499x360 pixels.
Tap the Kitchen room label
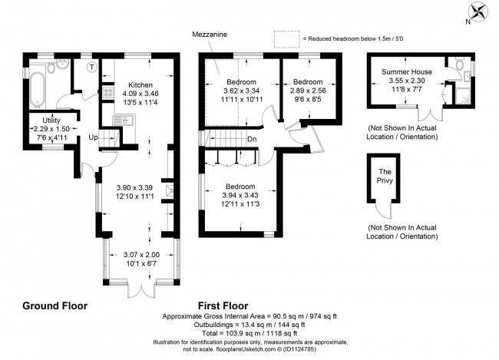[140, 85]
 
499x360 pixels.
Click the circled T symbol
[92, 68]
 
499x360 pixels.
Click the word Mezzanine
[208, 35]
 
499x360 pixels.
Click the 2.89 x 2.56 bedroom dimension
[307, 91]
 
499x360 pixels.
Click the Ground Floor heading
[55, 306]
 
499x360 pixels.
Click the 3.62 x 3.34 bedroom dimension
[241, 91]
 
